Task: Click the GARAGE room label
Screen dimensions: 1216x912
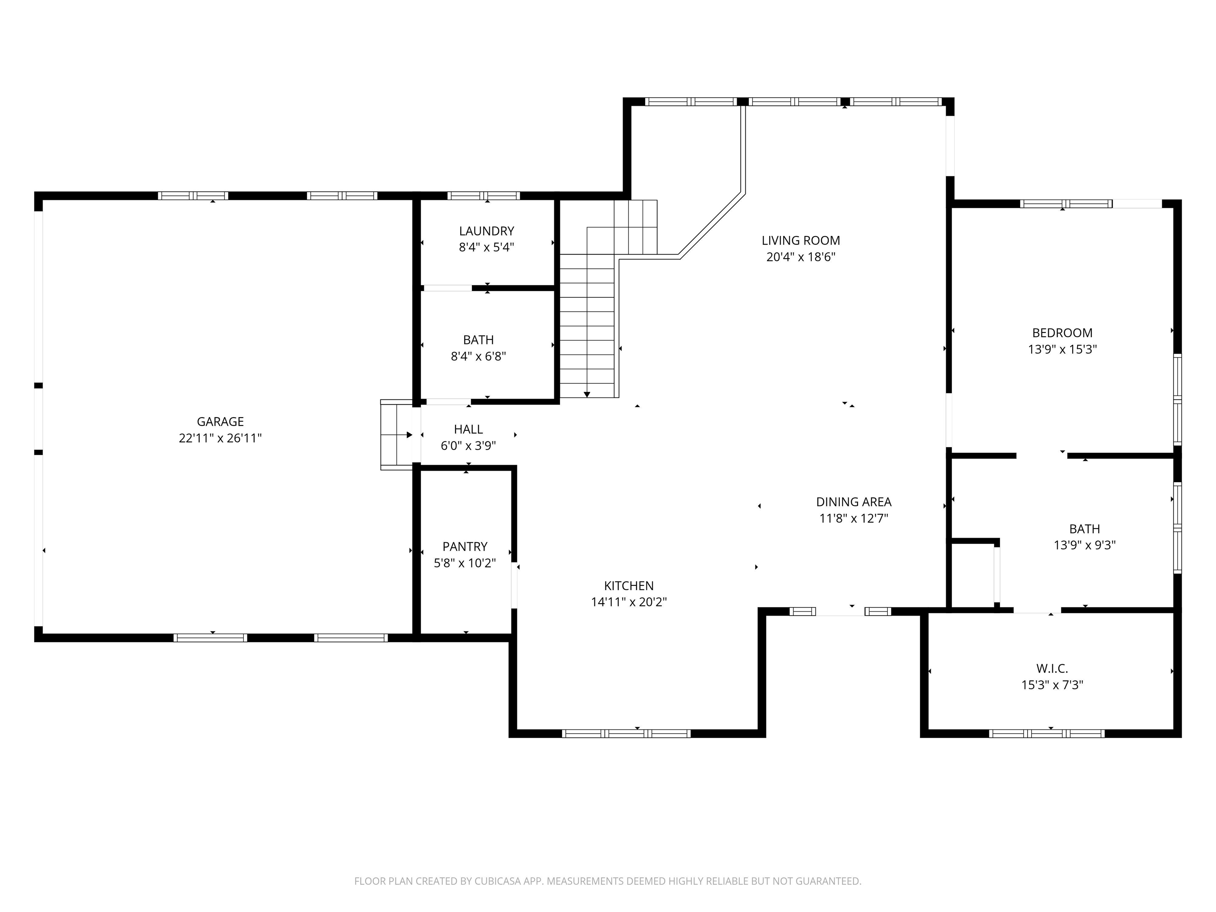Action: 220,422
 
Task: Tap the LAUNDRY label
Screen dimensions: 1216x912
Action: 486,231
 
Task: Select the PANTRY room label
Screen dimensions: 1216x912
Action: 465,546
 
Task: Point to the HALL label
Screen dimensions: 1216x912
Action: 468,429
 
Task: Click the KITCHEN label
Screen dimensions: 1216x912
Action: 629,585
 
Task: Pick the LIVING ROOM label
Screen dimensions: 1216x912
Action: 801,240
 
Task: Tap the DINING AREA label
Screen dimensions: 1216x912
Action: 854,502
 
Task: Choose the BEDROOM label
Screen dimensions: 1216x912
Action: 1062,332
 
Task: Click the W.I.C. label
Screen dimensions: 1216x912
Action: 1052,669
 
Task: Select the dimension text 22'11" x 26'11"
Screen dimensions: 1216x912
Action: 220,438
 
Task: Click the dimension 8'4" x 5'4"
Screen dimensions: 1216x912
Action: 486,247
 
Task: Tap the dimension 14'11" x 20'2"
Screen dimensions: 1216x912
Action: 629,602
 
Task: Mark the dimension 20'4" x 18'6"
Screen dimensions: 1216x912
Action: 801,257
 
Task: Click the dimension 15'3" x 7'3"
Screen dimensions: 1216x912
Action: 1052,685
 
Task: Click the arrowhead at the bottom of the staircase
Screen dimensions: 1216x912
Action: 587,394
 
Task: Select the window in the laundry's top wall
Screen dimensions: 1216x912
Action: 483,196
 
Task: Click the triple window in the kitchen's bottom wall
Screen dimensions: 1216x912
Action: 626,733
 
